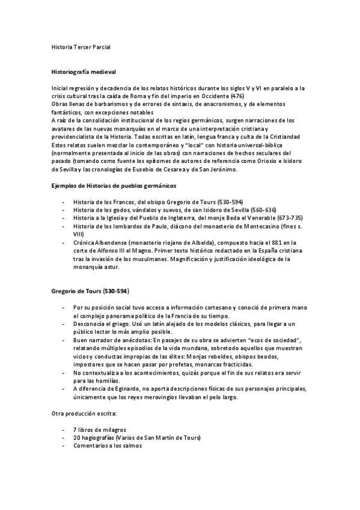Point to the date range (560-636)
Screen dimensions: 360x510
[263, 209]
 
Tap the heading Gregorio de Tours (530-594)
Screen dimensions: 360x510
[89, 291]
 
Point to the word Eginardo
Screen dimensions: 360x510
[124, 389]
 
